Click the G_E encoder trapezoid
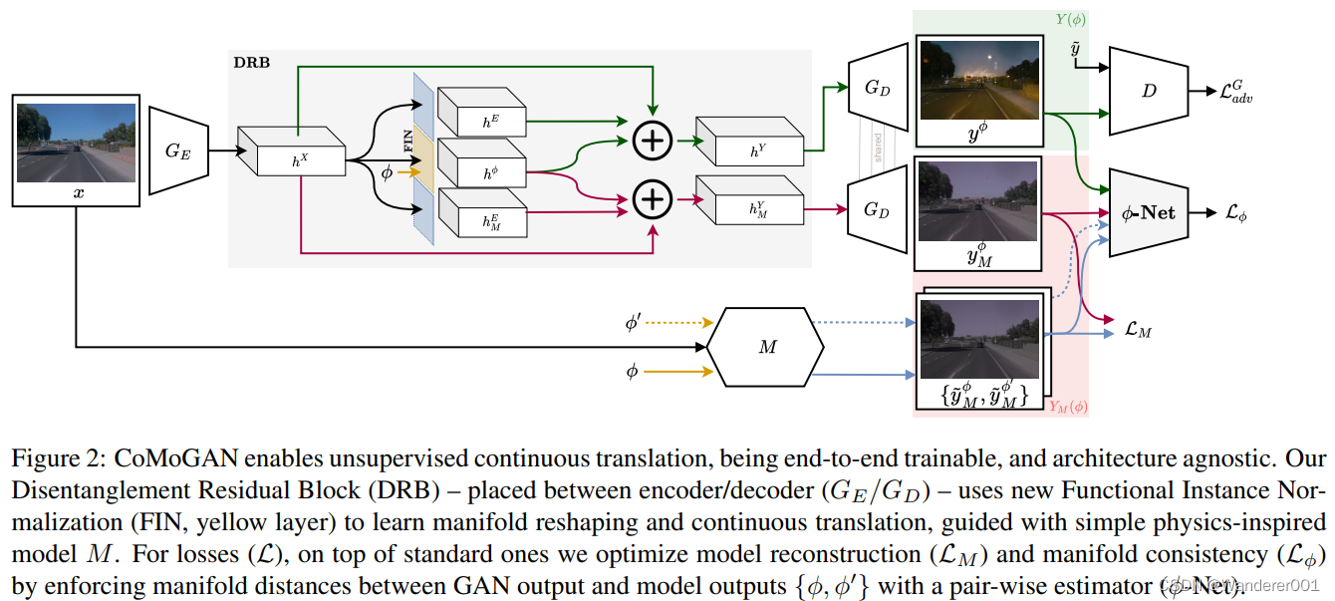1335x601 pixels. (178, 152)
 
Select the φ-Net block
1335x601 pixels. (1149, 213)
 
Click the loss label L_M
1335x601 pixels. (1137, 330)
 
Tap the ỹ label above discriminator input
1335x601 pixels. (1075, 50)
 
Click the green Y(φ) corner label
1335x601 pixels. (1070, 19)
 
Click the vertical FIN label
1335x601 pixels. (407, 140)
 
